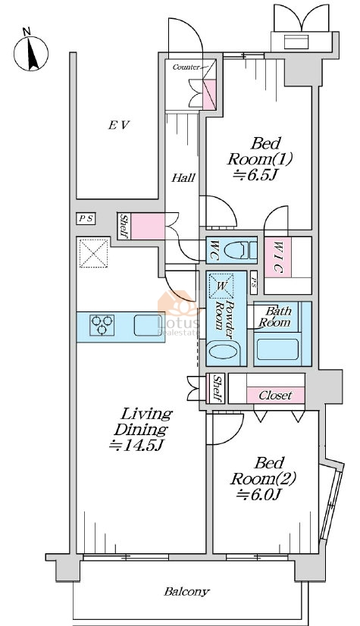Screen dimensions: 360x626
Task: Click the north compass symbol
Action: (x=31, y=52)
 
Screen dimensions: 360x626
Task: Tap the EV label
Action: (x=119, y=125)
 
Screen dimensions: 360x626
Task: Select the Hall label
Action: (x=183, y=177)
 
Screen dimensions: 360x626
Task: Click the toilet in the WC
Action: (x=240, y=250)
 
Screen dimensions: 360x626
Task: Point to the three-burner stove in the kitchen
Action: (x=102, y=325)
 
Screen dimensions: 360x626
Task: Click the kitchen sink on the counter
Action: (x=148, y=325)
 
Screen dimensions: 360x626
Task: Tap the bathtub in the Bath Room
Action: (x=277, y=349)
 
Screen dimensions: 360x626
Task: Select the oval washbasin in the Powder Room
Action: (x=224, y=352)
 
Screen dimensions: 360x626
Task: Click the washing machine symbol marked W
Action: (x=221, y=286)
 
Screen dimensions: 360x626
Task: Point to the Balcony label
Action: (x=186, y=592)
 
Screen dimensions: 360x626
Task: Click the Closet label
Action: (x=275, y=396)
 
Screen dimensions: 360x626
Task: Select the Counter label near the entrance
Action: (x=186, y=67)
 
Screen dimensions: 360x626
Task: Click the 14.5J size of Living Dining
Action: (x=136, y=445)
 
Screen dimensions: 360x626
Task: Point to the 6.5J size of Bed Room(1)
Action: (x=255, y=175)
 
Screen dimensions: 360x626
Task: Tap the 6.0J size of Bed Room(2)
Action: (x=259, y=495)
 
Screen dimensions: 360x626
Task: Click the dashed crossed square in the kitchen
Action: (x=94, y=253)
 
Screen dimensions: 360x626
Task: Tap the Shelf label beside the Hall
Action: (x=124, y=226)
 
